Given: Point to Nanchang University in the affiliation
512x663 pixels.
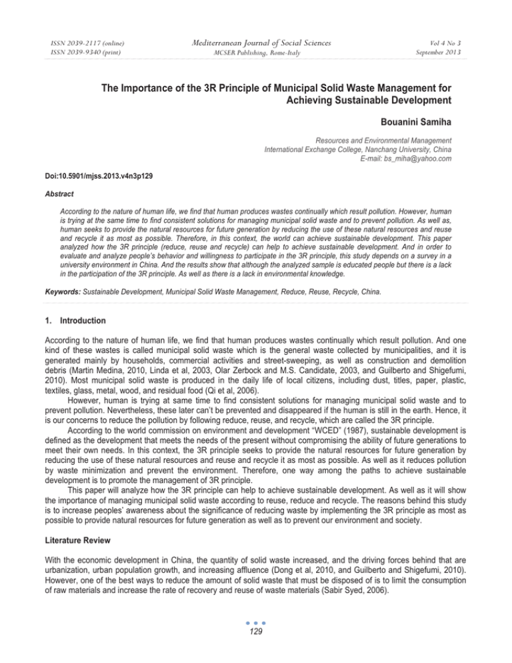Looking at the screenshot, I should pyautogui.click(x=417, y=151).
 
